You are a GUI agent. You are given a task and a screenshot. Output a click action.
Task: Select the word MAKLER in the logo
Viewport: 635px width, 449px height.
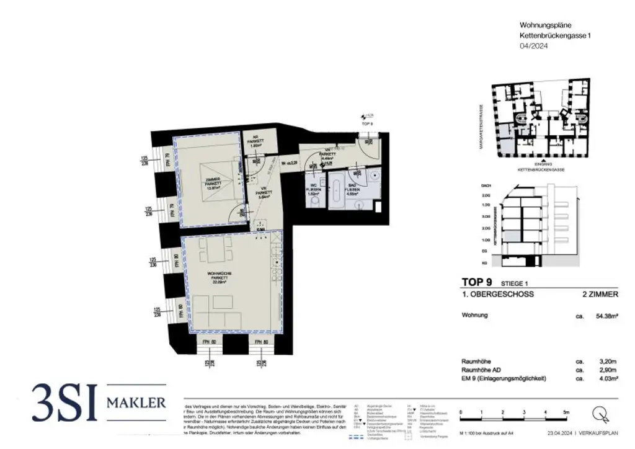point(136,403)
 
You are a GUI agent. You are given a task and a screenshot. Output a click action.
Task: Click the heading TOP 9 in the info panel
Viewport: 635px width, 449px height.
point(477,282)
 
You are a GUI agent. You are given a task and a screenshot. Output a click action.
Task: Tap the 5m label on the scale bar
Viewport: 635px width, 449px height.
point(565,412)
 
